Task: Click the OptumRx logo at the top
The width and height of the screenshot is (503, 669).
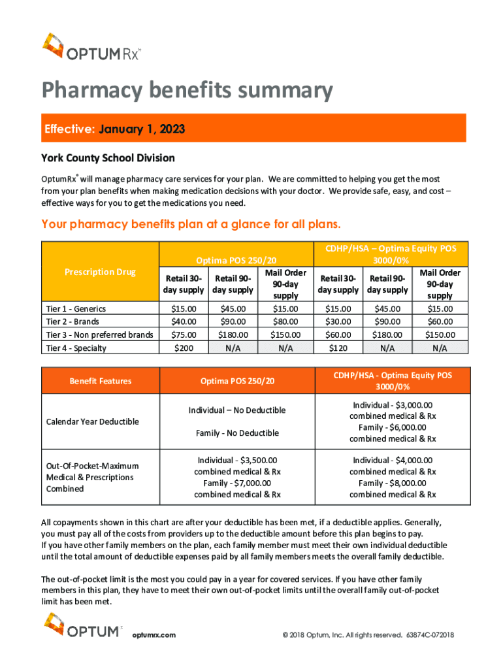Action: point(91,46)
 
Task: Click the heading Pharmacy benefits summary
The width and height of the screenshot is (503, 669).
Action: point(187,91)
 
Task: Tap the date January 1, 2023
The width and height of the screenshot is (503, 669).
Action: point(142,129)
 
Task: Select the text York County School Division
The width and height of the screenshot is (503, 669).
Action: point(108,158)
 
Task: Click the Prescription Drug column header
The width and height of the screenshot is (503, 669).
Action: point(100,272)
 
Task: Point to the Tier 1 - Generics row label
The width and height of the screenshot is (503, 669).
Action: point(73,308)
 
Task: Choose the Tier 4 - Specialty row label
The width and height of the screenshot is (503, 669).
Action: point(74,348)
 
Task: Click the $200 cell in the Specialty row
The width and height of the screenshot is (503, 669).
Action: point(184,348)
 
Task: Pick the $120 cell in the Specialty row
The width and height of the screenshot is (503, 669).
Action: point(338,348)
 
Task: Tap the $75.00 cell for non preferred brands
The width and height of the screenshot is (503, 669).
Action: point(184,334)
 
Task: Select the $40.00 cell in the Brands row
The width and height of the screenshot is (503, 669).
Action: point(184,321)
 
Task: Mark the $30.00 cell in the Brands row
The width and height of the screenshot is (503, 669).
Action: point(338,321)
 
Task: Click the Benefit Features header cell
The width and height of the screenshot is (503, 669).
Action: point(101,381)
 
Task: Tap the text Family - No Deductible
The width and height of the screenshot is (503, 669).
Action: point(237,432)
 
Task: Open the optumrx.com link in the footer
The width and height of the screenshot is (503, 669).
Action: point(154,635)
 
